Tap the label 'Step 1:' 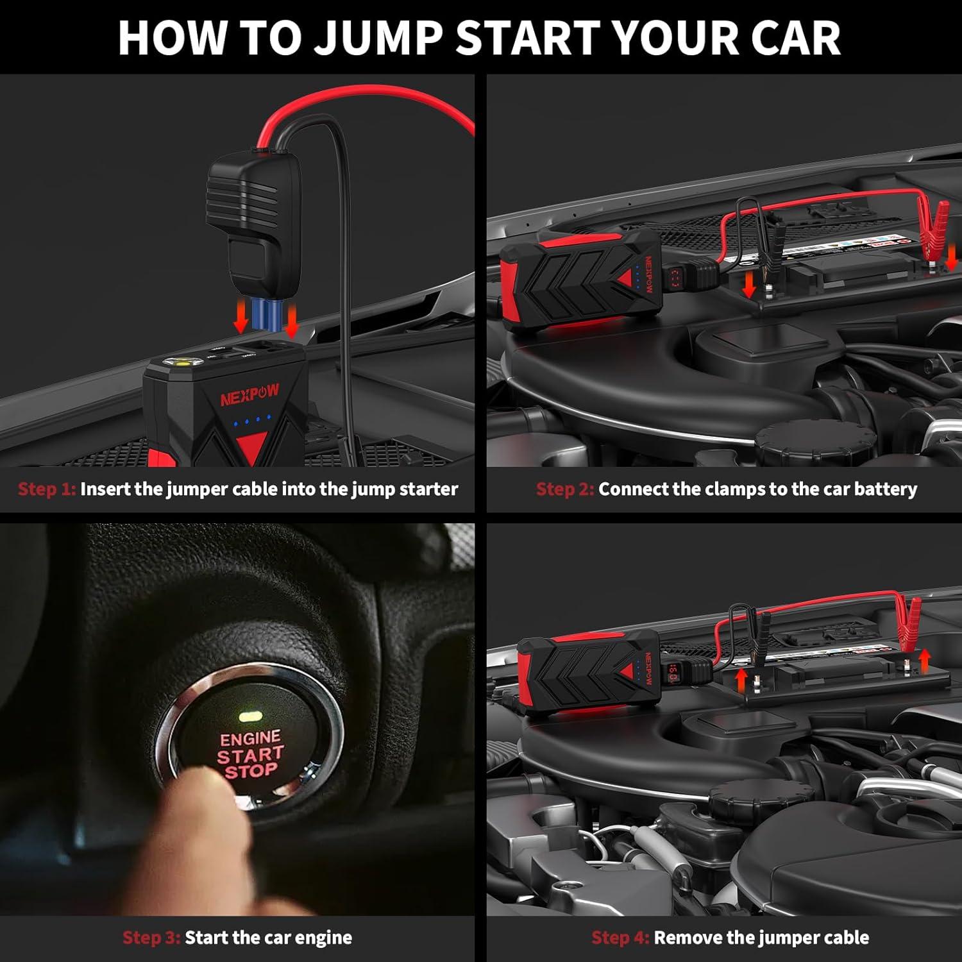[47, 489]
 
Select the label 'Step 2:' [565, 489]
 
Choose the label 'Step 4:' [620, 938]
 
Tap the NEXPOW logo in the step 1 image [249, 396]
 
